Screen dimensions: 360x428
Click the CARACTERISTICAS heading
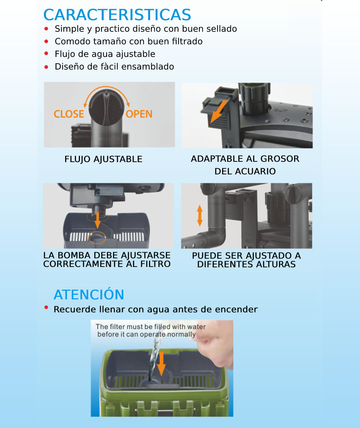click(117, 15)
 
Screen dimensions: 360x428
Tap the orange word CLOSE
click(69, 114)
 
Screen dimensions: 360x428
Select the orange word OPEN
click(139, 114)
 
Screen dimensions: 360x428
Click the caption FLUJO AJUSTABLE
click(103, 159)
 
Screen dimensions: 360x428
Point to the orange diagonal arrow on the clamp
click(219, 111)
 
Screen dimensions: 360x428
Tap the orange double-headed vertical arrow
click(200, 216)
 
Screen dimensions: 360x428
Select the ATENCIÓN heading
click(89, 294)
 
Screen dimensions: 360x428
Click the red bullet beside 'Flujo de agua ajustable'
click(46, 53)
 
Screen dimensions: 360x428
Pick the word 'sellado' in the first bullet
click(221, 29)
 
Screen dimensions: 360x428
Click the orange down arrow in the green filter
click(161, 363)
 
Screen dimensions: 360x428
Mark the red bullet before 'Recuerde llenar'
click(46, 308)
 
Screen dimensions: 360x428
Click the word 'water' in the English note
click(196, 326)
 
